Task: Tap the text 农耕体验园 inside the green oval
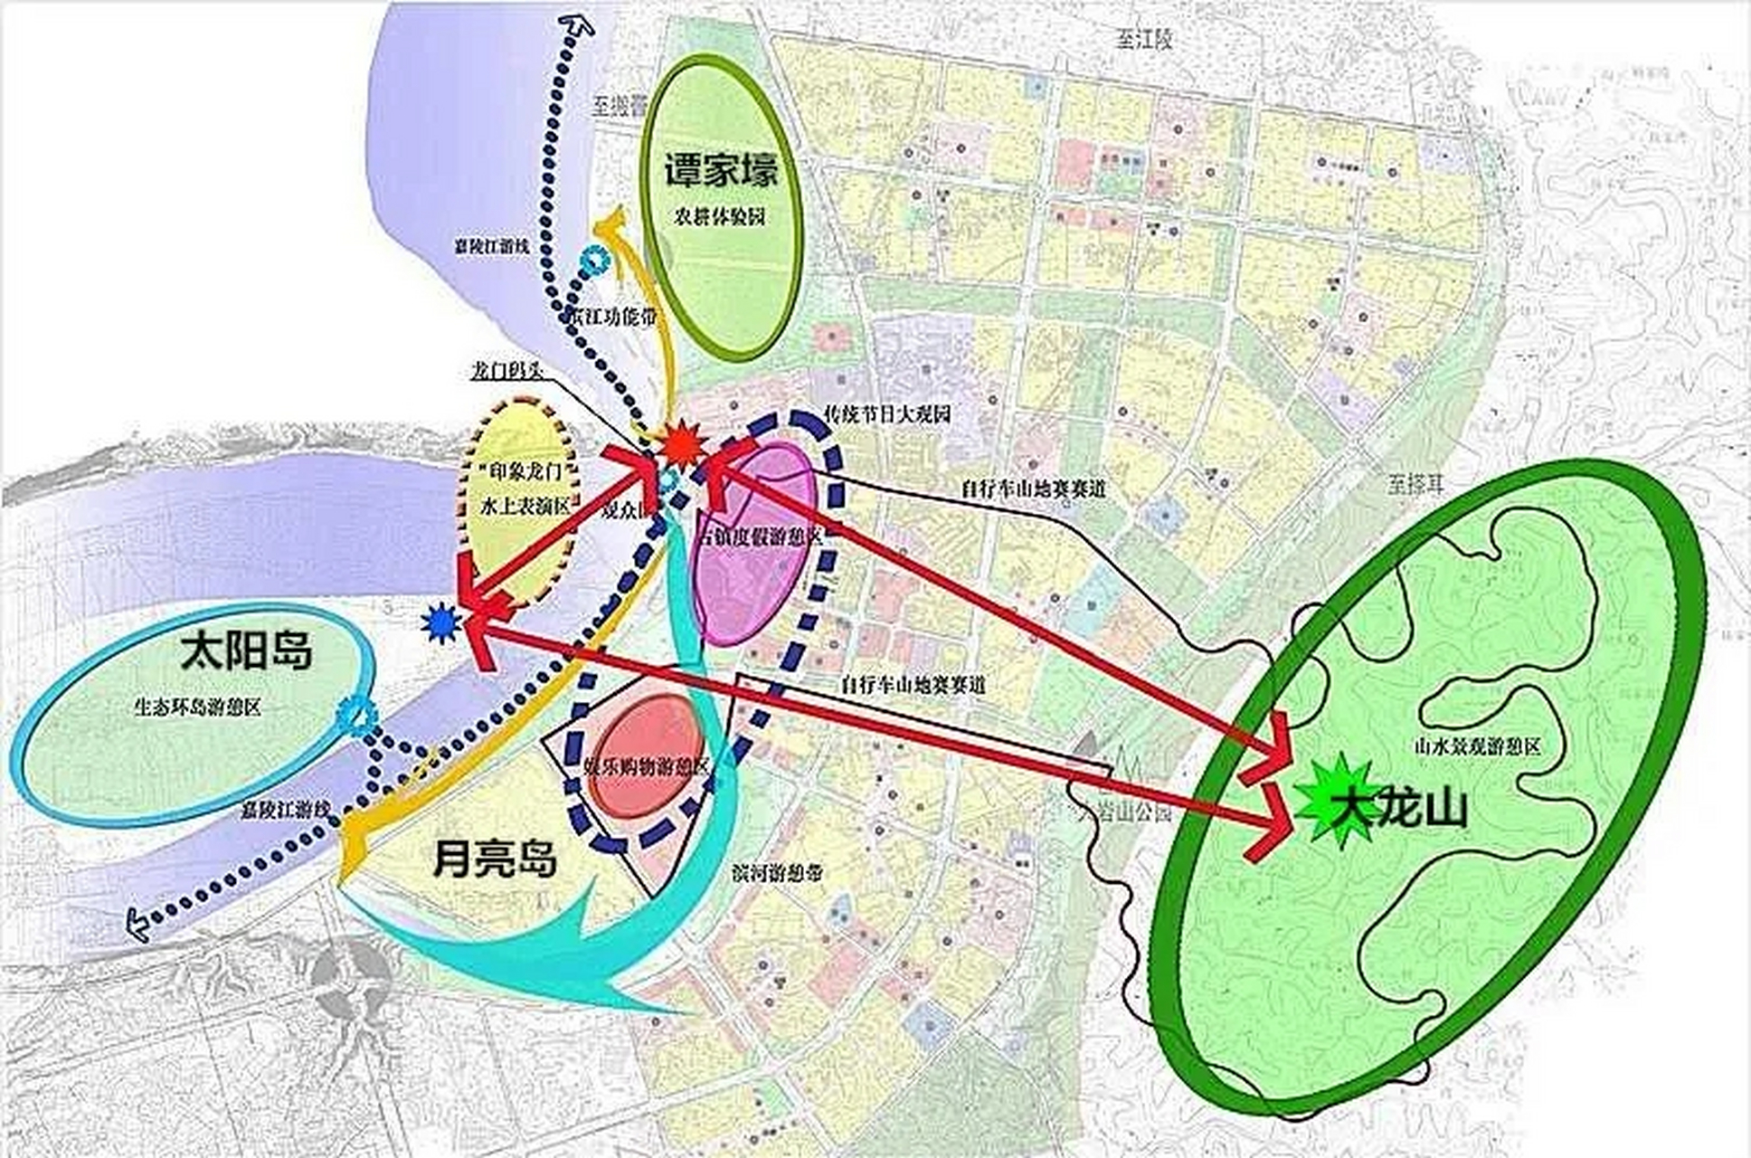point(720,217)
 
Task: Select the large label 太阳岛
point(246,650)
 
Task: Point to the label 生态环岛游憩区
point(197,707)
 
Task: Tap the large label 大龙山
point(1406,808)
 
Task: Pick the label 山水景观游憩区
point(1477,746)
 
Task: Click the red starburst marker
point(680,444)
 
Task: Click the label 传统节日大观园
point(887,415)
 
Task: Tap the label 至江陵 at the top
point(1143,39)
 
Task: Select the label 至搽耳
point(1416,485)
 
